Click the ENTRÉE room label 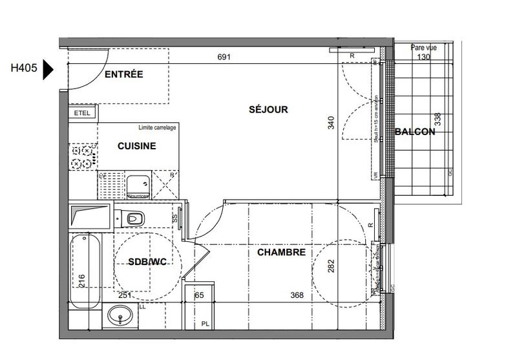[x=123, y=74]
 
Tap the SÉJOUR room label [x=268, y=109]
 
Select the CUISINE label [x=136, y=146]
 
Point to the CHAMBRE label [x=281, y=253]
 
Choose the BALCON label [x=414, y=132]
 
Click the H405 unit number [x=24, y=67]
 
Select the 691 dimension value [x=224, y=58]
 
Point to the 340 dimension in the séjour [x=332, y=123]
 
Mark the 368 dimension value [x=297, y=295]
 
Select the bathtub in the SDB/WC [x=85, y=271]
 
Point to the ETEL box [x=82, y=113]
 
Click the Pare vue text [x=423, y=48]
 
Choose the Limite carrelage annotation [x=156, y=128]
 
